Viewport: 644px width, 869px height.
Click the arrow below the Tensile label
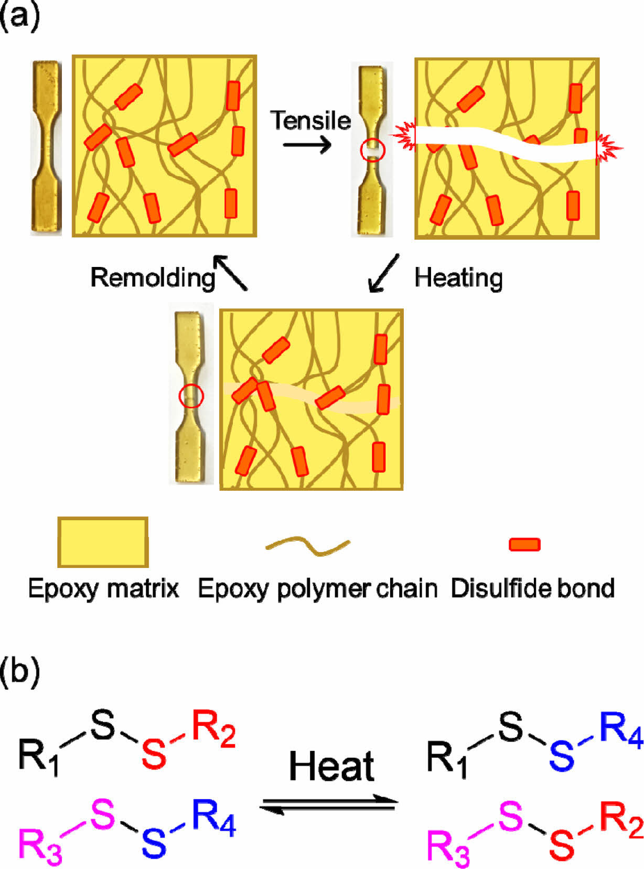[307, 144]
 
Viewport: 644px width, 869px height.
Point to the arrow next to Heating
[384, 273]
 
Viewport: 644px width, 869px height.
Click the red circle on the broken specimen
[372, 151]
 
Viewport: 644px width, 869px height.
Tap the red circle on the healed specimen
[191, 396]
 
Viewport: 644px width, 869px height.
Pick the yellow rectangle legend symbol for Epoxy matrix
[103, 542]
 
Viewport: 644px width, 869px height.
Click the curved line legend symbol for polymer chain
[308, 545]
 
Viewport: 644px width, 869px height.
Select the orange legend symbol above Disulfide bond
[524, 544]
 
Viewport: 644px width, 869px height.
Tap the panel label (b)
[20, 672]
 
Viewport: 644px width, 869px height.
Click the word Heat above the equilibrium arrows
[331, 766]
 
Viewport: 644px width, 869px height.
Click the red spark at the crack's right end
[608, 148]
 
